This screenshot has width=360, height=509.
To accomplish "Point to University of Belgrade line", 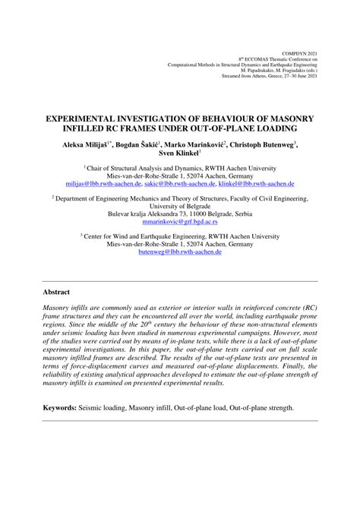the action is (x=180, y=205).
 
